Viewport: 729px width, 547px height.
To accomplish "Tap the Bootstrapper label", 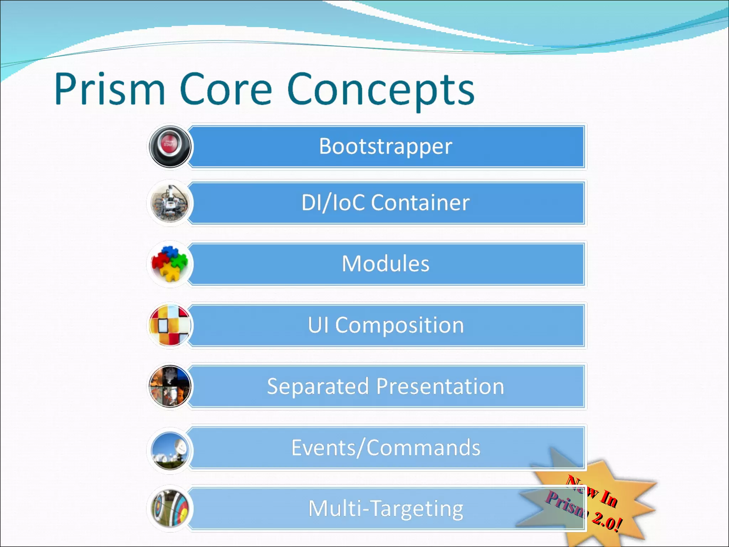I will point(385,146).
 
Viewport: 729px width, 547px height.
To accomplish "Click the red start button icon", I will point(170,146).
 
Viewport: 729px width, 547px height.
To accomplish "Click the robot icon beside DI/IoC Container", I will point(170,203).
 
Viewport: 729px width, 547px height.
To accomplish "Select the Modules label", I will point(385,264).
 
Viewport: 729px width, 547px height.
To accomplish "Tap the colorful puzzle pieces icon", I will point(170,264).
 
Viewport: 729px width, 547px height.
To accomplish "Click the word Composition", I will point(399,325).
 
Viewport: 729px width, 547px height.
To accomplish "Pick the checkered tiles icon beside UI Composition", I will point(170,325).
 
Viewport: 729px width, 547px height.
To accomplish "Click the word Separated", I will point(318,386).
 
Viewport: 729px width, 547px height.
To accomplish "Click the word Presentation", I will point(440,386).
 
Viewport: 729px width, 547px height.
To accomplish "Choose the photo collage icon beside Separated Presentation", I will point(170,386).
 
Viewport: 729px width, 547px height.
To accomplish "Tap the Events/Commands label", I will point(385,448).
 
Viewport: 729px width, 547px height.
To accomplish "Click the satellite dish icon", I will point(170,450).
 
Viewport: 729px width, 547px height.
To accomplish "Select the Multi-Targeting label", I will point(385,509).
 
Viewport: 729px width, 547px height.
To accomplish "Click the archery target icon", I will point(170,509).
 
